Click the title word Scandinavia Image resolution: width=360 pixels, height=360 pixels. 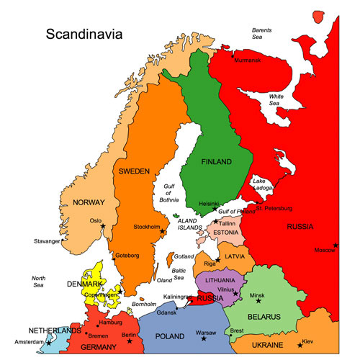[x=84, y=34]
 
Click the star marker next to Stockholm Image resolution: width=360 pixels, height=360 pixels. [x=163, y=231]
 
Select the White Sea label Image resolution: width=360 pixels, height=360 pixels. [x=278, y=99]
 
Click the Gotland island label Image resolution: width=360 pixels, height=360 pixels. [x=184, y=256]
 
